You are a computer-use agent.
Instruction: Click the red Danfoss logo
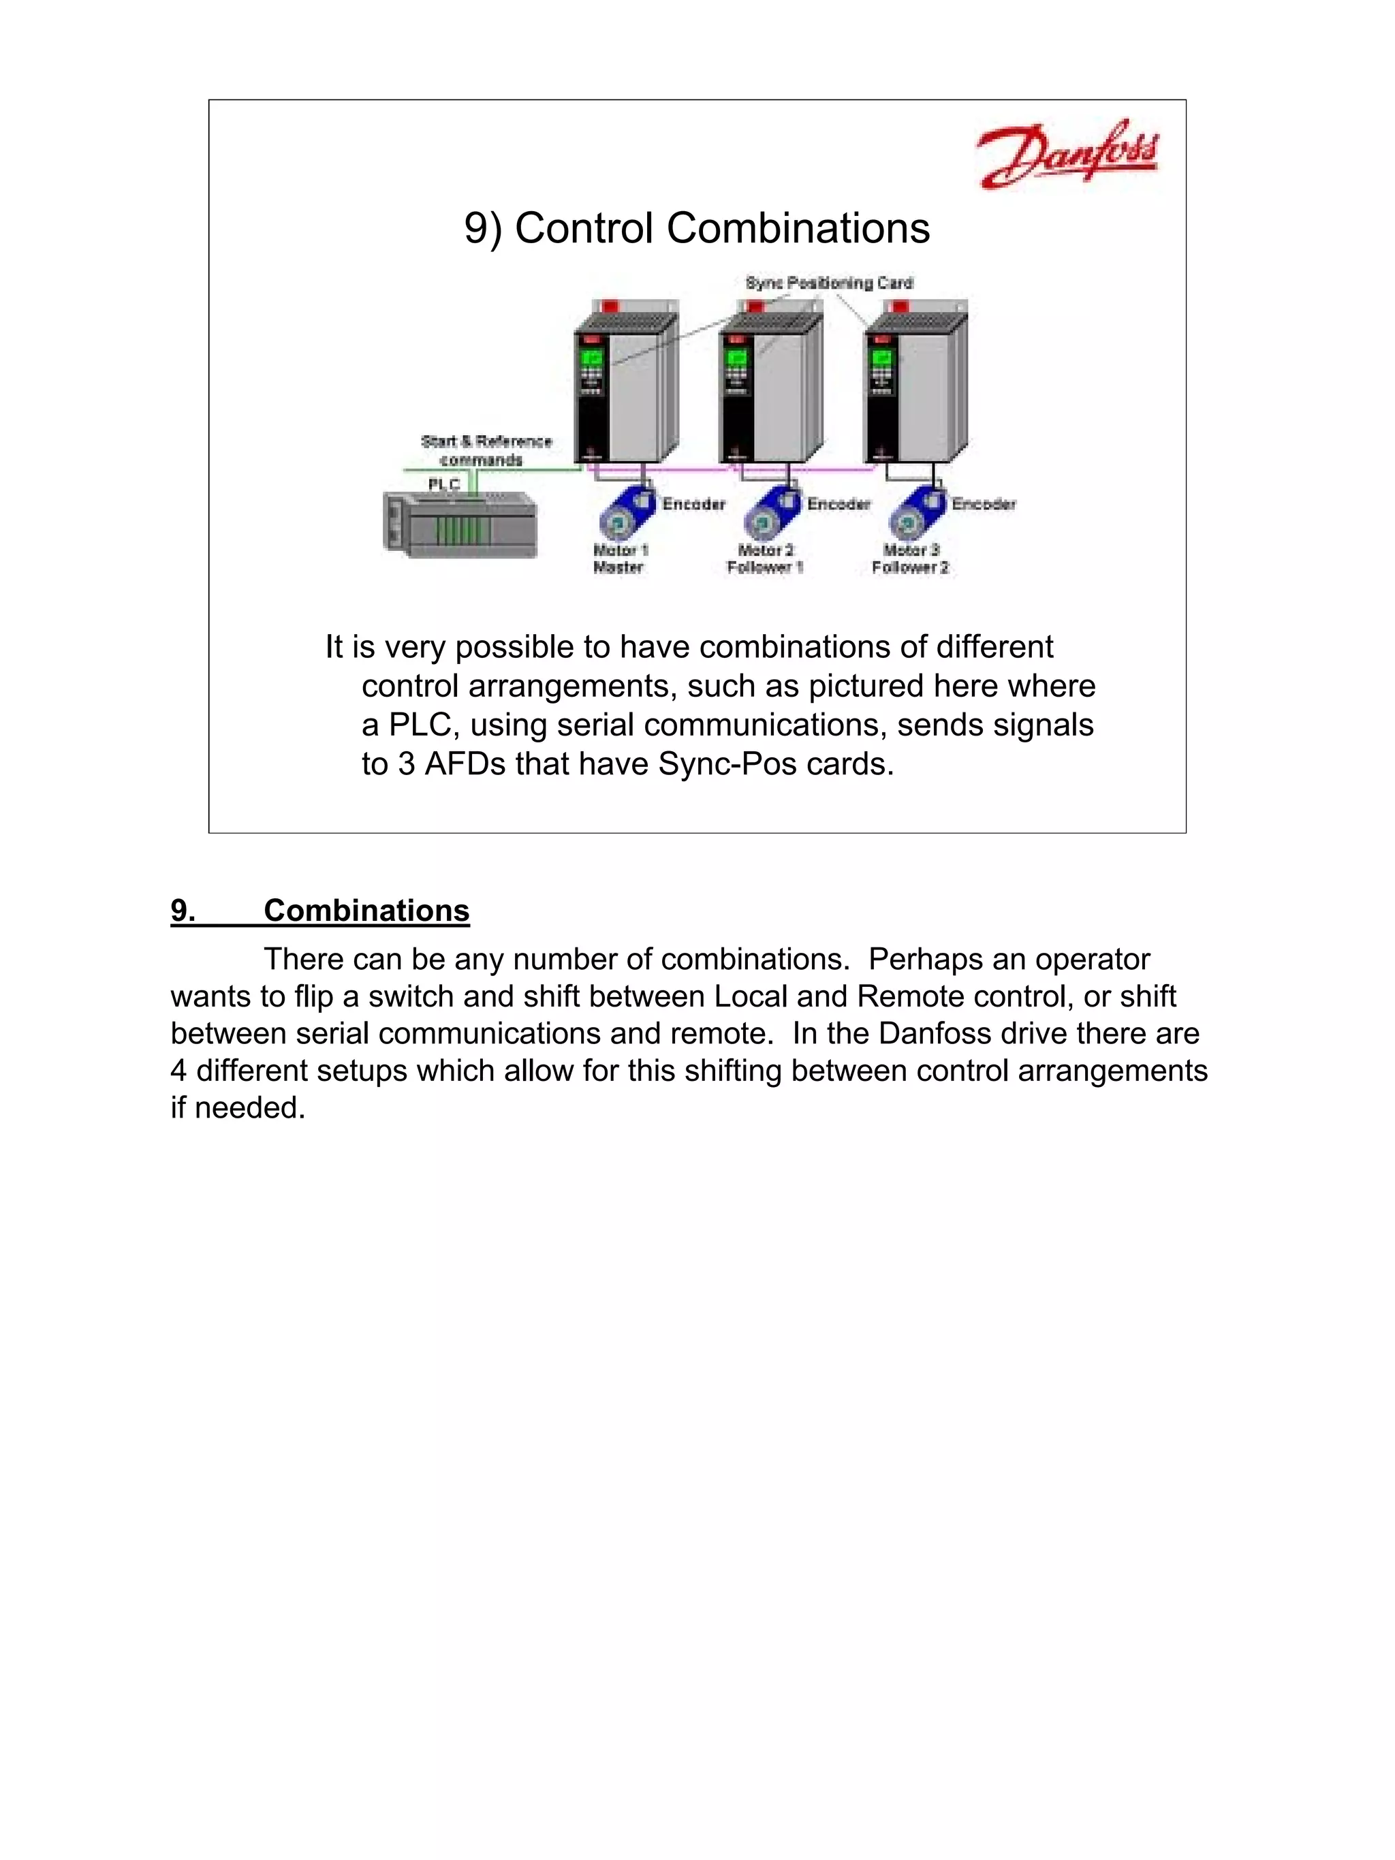1065,154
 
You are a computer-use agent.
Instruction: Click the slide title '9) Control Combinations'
696,228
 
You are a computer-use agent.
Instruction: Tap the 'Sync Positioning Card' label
828,283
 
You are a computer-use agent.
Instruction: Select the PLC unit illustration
459,524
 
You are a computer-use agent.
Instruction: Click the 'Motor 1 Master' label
620,558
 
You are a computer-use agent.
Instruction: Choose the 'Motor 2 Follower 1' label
764,558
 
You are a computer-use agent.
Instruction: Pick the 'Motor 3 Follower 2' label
910,558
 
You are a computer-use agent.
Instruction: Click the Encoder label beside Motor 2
838,504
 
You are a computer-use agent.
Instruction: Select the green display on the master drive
591,358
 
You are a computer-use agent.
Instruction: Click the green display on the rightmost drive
881,358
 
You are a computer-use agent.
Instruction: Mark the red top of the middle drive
753,306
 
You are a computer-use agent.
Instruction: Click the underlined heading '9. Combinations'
319,911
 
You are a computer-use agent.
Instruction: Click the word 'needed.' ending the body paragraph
250,1107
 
